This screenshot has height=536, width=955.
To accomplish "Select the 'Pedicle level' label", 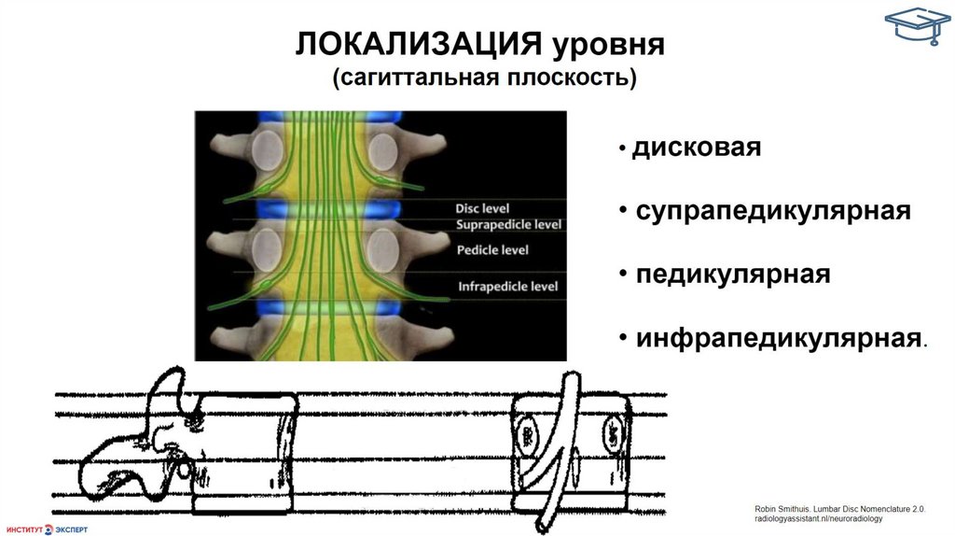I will click(x=492, y=249).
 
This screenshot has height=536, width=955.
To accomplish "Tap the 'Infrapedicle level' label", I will click(x=508, y=286).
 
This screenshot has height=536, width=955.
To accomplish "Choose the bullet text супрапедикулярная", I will click(x=772, y=211).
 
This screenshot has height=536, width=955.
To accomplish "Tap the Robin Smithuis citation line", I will click(x=839, y=509).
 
